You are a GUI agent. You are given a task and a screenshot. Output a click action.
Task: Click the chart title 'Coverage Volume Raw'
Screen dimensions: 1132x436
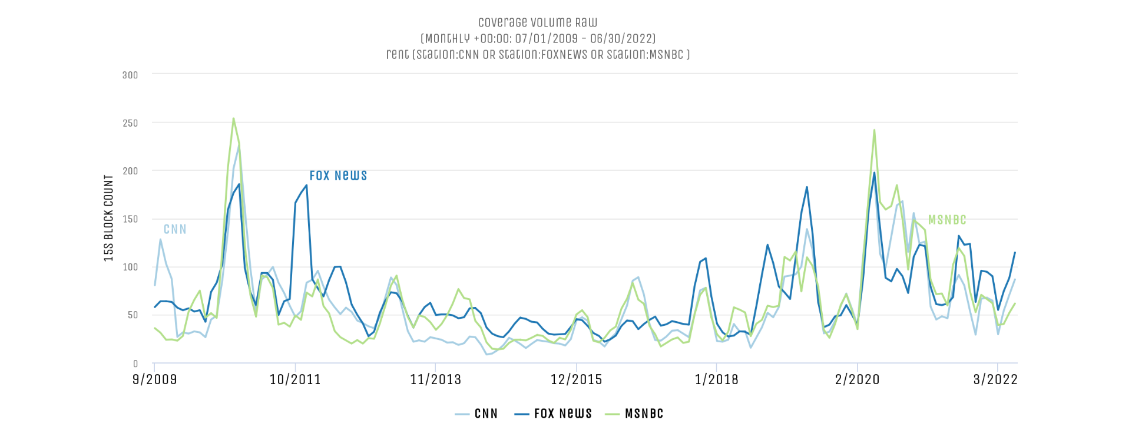[x=538, y=23]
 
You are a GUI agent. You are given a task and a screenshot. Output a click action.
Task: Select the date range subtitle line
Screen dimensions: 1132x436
[x=538, y=39]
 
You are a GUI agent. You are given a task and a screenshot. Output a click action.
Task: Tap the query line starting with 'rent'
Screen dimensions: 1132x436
[x=538, y=55]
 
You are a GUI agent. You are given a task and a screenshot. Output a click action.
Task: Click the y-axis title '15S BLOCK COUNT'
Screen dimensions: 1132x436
[x=108, y=218]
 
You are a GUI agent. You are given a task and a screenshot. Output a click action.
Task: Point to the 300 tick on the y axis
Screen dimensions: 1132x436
[x=130, y=75]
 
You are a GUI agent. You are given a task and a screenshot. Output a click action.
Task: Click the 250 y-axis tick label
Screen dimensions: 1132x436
[x=130, y=123]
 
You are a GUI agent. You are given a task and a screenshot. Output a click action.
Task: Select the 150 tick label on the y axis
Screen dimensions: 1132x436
[x=130, y=219]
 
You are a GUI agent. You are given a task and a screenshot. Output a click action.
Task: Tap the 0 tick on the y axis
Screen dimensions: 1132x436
[x=135, y=364]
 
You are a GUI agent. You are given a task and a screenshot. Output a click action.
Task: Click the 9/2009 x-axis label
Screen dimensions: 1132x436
[x=154, y=379]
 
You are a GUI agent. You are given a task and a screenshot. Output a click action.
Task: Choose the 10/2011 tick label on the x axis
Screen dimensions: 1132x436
[x=295, y=379]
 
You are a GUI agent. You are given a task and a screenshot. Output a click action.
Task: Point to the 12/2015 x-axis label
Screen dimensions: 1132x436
[x=576, y=379]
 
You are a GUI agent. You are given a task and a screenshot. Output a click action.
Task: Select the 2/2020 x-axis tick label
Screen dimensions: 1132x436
[x=857, y=379]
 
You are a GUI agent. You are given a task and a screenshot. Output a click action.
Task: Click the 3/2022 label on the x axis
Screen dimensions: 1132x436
[x=995, y=379]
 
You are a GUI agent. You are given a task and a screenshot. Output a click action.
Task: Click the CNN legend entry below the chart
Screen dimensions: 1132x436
[x=476, y=414]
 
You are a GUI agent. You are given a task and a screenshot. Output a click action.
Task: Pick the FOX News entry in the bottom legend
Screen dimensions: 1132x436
[x=553, y=414]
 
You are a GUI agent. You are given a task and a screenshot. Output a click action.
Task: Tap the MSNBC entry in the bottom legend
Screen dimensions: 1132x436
[x=634, y=414]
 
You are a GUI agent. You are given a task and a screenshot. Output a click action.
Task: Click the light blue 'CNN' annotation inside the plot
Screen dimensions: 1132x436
[x=175, y=229]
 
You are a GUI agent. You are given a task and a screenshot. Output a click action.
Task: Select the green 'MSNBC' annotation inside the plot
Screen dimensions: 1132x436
[x=947, y=220]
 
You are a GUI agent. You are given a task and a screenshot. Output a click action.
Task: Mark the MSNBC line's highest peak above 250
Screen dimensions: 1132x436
[x=233, y=118]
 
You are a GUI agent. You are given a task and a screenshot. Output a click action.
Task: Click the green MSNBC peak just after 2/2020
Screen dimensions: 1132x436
[x=874, y=130]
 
